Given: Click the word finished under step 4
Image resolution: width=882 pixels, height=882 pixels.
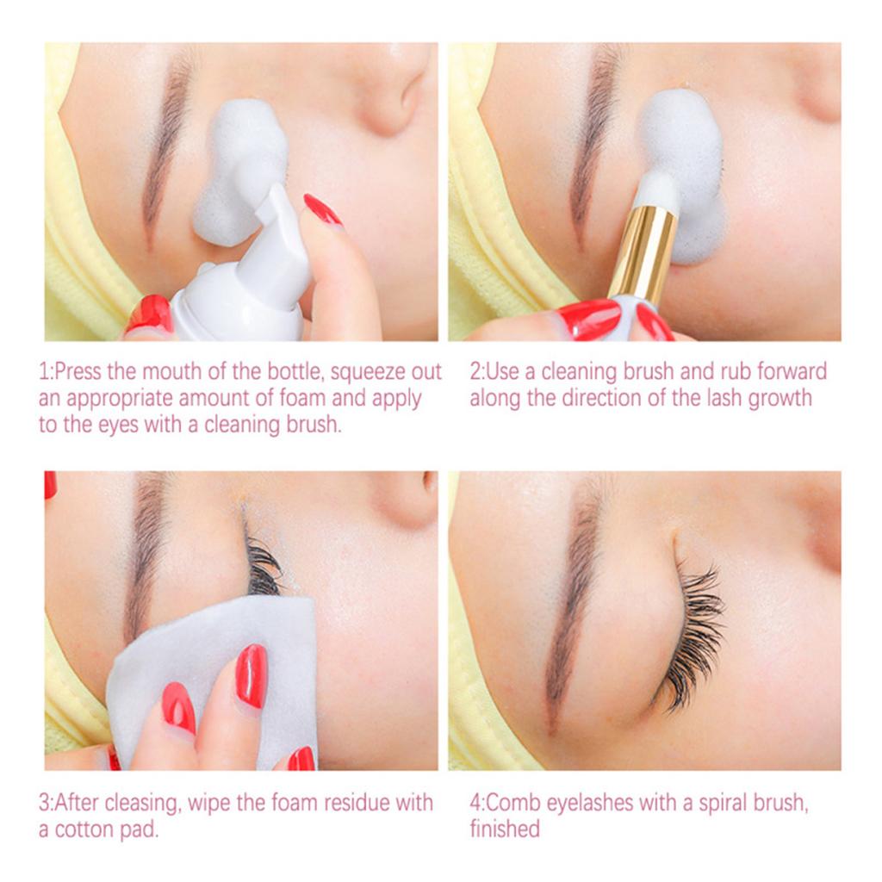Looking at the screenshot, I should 505,829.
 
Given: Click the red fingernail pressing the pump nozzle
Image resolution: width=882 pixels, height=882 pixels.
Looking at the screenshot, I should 322,209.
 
